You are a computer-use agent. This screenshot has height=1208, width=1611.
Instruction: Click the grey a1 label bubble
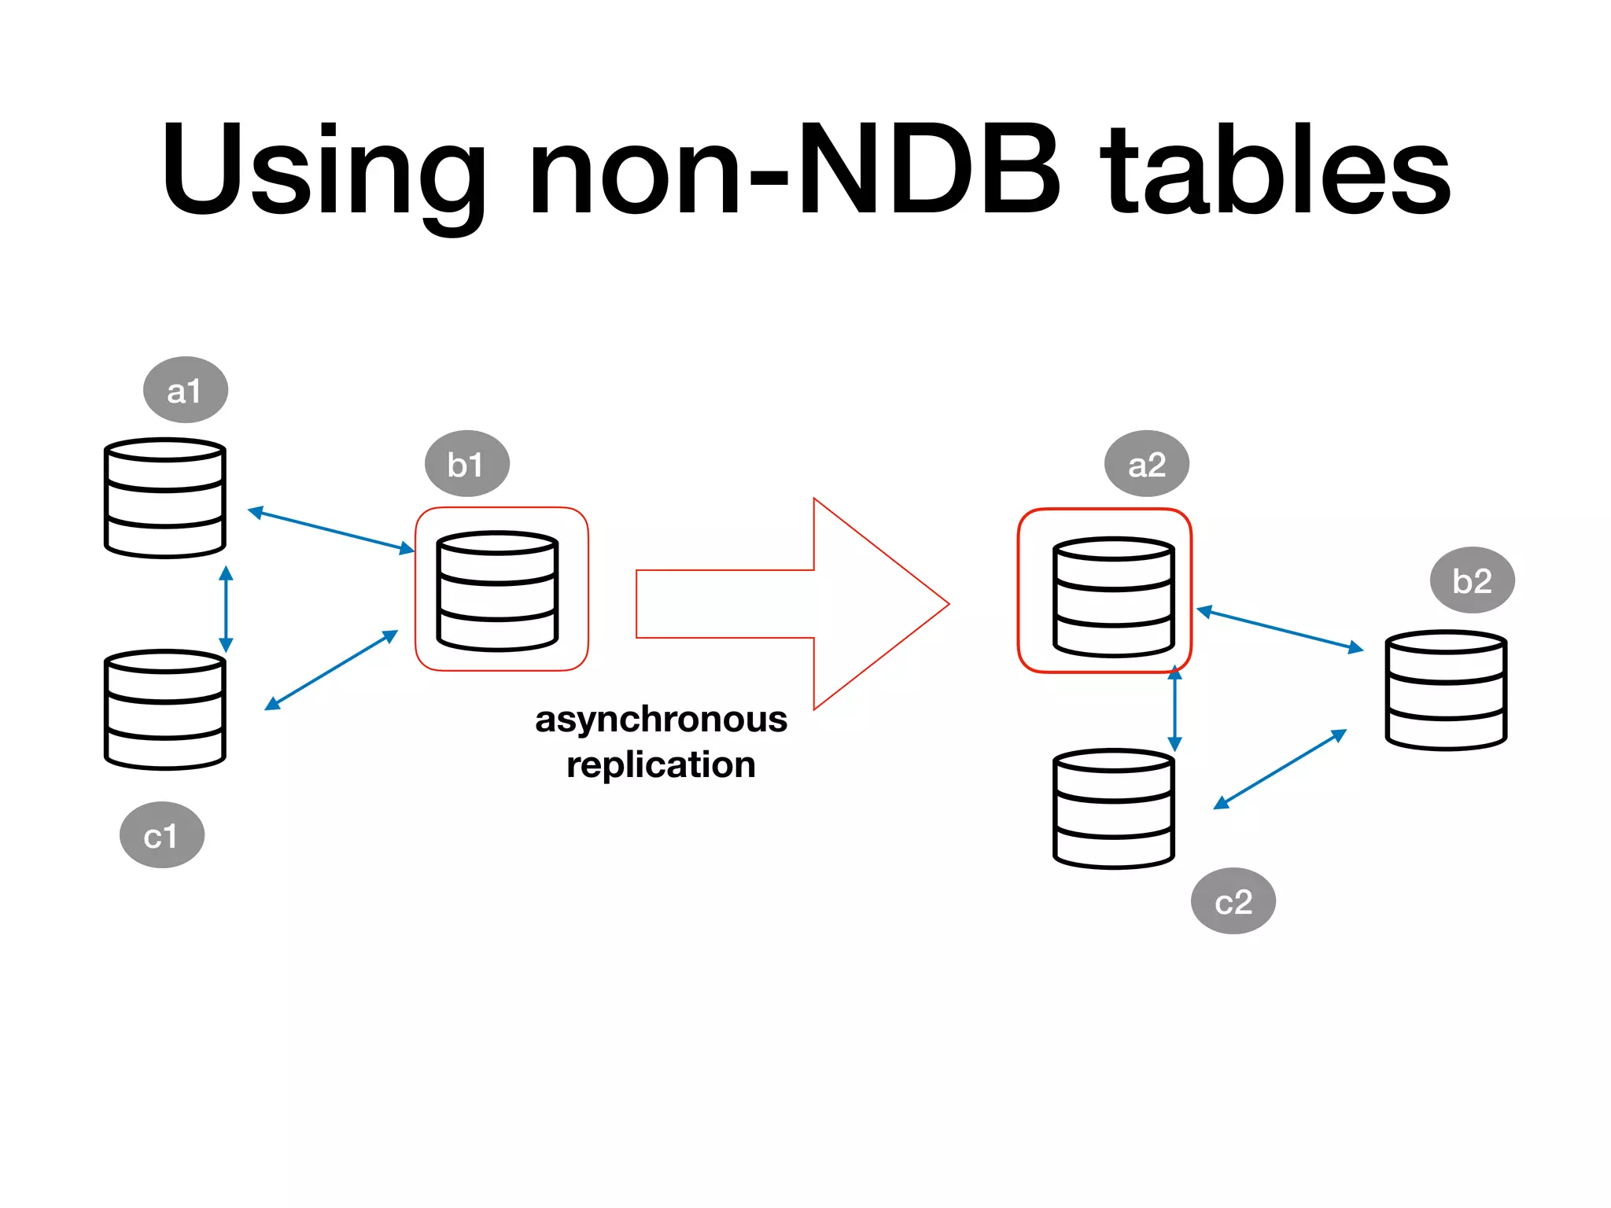[x=186, y=390]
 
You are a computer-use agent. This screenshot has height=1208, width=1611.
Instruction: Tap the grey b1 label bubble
[x=467, y=464]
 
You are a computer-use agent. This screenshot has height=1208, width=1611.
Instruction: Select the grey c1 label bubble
[x=162, y=835]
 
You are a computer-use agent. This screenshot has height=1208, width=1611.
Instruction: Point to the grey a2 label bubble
[x=1147, y=464]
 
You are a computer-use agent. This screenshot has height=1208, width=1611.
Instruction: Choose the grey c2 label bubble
[x=1233, y=901]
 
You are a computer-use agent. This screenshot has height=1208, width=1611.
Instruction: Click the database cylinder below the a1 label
[x=165, y=499]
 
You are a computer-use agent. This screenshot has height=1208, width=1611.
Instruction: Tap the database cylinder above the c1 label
[x=165, y=709]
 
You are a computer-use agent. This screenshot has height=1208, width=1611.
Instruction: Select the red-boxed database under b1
[x=497, y=591]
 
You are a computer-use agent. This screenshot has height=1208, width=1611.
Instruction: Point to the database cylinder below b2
[x=1446, y=691]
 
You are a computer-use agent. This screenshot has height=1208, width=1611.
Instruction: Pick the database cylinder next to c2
[x=1114, y=808]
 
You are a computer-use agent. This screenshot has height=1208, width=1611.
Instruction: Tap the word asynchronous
[x=661, y=719]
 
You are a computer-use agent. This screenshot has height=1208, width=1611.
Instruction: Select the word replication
[x=661, y=764]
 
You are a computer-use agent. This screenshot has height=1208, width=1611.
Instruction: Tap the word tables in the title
[x=1274, y=168]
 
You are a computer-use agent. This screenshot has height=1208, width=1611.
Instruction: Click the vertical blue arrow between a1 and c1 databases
[x=227, y=609]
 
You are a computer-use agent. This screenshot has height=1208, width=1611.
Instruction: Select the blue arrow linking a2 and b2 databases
[x=1281, y=629]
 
